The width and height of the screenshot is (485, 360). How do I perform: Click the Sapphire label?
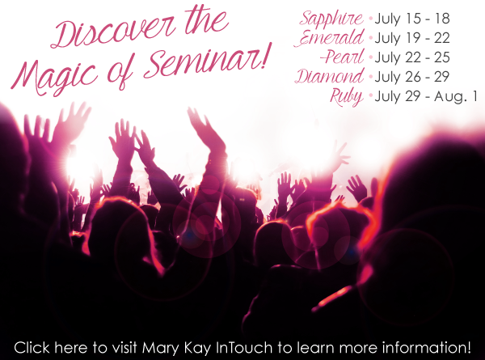pyautogui.click(x=331, y=19)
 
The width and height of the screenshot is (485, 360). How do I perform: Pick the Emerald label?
pyautogui.click(x=330, y=38)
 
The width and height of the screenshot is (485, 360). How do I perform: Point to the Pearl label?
pyautogui.click(x=343, y=57)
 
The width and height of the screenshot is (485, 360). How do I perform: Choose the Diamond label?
pyautogui.click(x=330, y=77)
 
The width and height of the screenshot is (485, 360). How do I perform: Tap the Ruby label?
pyautogui.click(x=347, y=96)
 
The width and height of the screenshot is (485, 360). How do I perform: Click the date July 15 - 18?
pyautogui.click(x=412, y=19)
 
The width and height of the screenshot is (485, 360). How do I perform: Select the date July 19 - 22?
pyautogui.click(x=412, y=38)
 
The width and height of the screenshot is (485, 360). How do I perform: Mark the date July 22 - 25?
pyautogui.click(x=412, y=57)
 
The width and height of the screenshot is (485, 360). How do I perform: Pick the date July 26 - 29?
pyautogui.click(x=412, y=77)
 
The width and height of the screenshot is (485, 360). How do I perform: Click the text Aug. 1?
pyautogui.click(x=456, y=97)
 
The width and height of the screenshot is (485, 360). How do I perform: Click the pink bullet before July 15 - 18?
pyautogui.click(x=370, y=19)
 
